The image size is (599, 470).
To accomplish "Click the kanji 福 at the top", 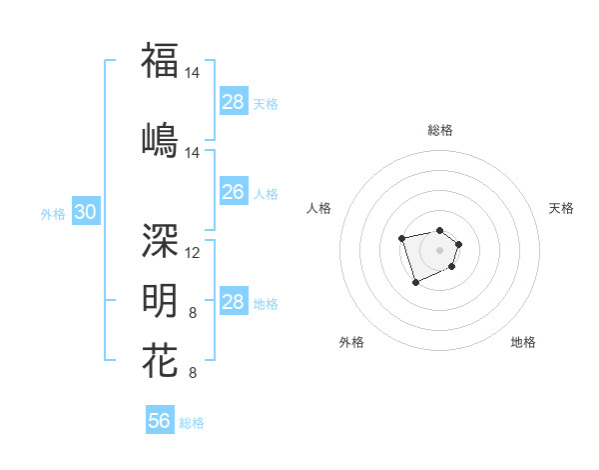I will (x=160, y=60).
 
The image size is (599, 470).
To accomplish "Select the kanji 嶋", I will (x=160, y=139).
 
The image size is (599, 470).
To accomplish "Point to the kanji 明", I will (x=160, y=300).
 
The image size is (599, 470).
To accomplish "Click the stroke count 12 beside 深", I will (x=194, y=253).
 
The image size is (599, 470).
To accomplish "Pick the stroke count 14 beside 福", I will (x=194, y=73).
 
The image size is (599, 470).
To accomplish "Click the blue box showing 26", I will (x=234, y=192).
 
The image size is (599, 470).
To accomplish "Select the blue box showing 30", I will (x=85, y=212).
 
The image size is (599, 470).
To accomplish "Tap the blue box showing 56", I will (x=160, y=421).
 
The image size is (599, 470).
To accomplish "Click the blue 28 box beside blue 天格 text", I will (x=234, y=102).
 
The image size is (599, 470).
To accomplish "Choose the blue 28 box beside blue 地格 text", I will (x=234, y=302).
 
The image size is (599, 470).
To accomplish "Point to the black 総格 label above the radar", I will (x=440, y=130).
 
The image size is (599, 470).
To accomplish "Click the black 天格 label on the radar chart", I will (x=561, y=208).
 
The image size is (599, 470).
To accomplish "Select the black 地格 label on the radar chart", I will (x=523, y=342).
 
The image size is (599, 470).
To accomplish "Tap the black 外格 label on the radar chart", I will (x=351, y=342).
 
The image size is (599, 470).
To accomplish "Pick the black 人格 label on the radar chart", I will (x=319, y=208).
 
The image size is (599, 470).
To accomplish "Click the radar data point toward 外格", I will (x=415, y=283).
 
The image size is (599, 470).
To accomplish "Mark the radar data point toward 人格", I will (x=401, y=238).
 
